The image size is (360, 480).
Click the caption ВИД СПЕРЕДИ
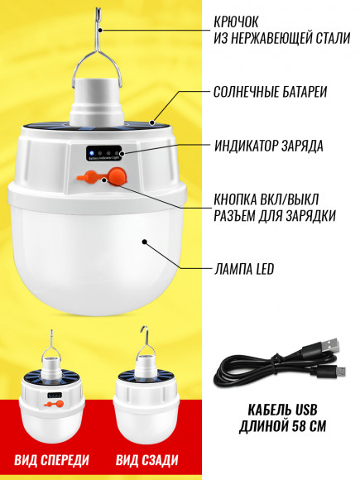click(x=50, y=459)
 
